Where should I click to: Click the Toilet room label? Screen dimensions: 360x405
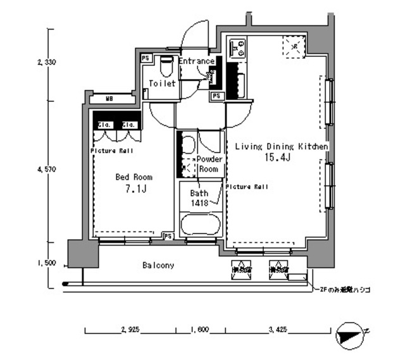point(162,84)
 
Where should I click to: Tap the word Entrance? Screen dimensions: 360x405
point(196,61)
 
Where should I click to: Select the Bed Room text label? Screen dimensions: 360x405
point(134,177)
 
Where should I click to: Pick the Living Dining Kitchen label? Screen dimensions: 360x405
point(282,146)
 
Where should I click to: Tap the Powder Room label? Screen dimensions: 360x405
point(208,164)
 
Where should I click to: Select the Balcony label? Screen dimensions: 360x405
point(158,266)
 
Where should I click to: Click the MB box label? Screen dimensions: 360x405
point(109,99)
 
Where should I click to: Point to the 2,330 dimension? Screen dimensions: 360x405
point(47,62)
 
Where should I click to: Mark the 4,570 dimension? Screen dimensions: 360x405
point(47,170)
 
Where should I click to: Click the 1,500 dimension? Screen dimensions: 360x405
point(47,263)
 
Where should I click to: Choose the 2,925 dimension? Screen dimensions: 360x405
point(130,330)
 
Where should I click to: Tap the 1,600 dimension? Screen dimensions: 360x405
point(200,330)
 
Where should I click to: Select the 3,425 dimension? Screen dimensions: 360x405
point(279,330)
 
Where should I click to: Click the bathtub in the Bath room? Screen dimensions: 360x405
point(200,224)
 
